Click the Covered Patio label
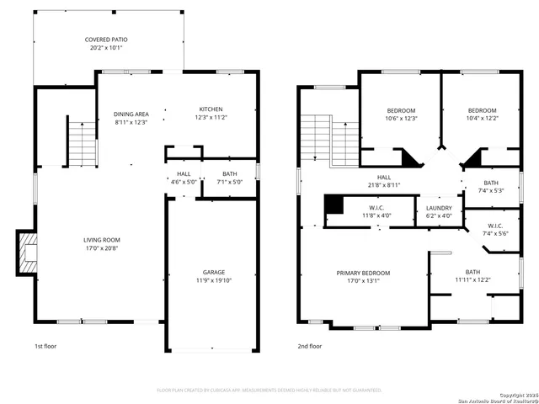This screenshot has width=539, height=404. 106,45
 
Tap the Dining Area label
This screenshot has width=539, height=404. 131,118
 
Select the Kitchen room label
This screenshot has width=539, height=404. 211,114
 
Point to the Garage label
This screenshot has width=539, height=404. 213,276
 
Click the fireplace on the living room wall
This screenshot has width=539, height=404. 29,252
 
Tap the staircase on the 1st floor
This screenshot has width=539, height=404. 82,144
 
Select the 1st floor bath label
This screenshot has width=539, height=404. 230,177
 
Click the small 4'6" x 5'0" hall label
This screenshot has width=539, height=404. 183,177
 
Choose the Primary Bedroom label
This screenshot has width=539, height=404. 363,277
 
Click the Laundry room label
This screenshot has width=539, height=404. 439,211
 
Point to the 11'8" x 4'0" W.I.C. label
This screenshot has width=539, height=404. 376,211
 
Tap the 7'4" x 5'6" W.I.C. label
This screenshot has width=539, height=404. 494,229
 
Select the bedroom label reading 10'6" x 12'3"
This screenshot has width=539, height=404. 401,114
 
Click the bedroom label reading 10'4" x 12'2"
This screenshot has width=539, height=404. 482,114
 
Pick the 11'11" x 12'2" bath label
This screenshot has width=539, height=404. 472,275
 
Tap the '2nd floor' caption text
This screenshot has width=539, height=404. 309,346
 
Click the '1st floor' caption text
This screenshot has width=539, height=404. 45,346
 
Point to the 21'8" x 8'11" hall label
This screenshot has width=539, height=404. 383,181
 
